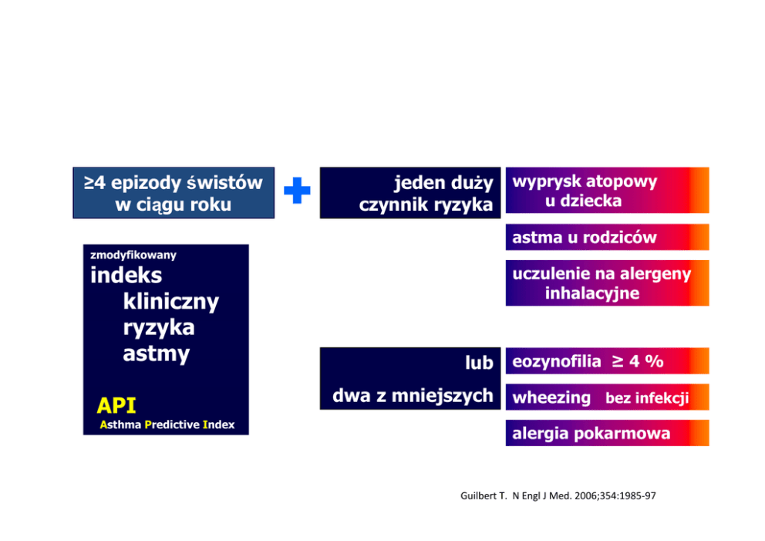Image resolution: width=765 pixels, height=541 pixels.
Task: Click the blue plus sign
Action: [297, 191]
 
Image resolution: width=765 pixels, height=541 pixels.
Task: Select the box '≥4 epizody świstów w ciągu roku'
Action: [174, 193]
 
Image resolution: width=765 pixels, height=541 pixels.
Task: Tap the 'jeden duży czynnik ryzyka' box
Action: [410, 193]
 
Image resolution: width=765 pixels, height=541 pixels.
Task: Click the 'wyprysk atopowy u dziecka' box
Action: [608, 191]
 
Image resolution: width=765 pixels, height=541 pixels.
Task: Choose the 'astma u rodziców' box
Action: [608, 237]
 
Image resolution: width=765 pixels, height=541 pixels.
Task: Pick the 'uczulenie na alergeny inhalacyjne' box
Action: [608, 283]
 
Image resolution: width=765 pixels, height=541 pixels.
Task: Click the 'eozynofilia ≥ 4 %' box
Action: [608, 361]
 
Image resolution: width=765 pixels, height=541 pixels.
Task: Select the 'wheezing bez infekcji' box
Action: [608, 397]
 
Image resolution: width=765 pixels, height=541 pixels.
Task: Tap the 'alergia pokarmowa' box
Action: [608, 433]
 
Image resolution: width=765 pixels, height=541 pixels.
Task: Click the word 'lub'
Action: [479, 363]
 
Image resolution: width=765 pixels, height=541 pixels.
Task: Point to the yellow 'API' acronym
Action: [116, 406]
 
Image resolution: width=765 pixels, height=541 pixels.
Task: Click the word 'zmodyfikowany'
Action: [133, 255]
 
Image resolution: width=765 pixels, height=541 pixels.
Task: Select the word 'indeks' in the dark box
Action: [126, 276]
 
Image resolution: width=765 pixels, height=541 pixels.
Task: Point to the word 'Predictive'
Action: [172, 424]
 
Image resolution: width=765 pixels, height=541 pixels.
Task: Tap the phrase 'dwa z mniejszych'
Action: [413, 396]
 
